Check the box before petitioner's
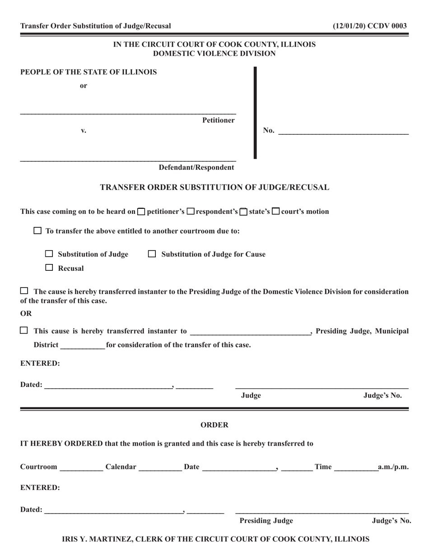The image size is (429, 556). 141,212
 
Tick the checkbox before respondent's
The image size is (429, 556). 191,212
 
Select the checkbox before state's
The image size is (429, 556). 243,212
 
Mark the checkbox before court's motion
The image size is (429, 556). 276,212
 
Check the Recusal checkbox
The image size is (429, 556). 50,268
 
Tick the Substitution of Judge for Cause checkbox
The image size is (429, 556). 153,254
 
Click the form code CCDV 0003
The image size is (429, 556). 387,26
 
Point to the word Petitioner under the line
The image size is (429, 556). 218,120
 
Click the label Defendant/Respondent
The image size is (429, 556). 196,168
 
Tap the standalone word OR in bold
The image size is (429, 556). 27,313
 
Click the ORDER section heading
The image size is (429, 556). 214,425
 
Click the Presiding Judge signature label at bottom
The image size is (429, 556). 266,521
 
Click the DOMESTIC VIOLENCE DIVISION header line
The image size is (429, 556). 214,54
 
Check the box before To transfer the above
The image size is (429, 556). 38,231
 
